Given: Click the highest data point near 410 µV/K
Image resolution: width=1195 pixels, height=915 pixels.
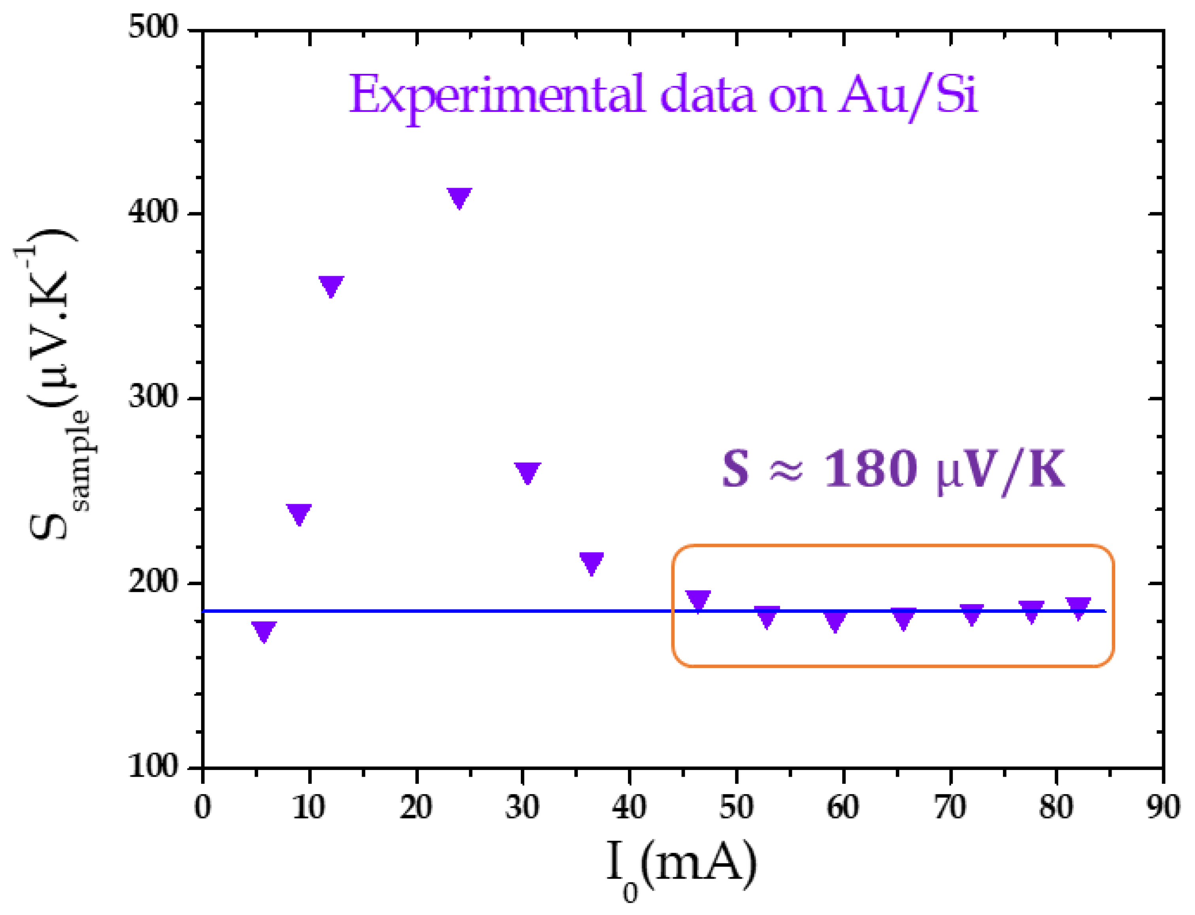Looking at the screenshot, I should pyautogui.click(x=459, y=197).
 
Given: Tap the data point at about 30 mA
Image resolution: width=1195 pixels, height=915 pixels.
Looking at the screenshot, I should pyautogui.click(x=527, y=472).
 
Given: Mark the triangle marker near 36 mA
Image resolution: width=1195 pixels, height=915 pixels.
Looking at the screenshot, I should pyautogui.click(x=592, y=562).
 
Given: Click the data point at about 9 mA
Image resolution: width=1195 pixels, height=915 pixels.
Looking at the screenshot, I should pyautogui.click(x=298, y=513).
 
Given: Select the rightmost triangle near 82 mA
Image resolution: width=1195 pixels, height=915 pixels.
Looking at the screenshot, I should pyautogui.click(x=1078, y=607).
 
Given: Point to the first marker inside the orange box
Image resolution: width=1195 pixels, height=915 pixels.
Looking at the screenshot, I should pyautogui.click(x=698, y=600).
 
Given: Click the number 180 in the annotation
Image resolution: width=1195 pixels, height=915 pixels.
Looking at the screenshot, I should pyautogui.click(x=869, y=469).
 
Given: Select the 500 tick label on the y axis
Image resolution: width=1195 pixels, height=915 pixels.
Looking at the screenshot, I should pyautogui.click(x=154, y=27).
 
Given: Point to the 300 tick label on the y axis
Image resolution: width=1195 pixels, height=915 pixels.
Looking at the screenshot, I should pyautogui.click(x=154, y=397).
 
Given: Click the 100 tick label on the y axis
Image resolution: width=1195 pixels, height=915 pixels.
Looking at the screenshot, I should pyautogui.click(x=154, y=767).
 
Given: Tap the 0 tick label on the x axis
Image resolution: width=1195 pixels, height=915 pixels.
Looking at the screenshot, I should pyautogui.click(x=203, y=807).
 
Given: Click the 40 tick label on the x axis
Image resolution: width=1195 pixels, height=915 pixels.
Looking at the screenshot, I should pyautogui.click(x=629, y=807).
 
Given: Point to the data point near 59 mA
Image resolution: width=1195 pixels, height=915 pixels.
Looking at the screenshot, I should pyautogui.click(x=835, y=619).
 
